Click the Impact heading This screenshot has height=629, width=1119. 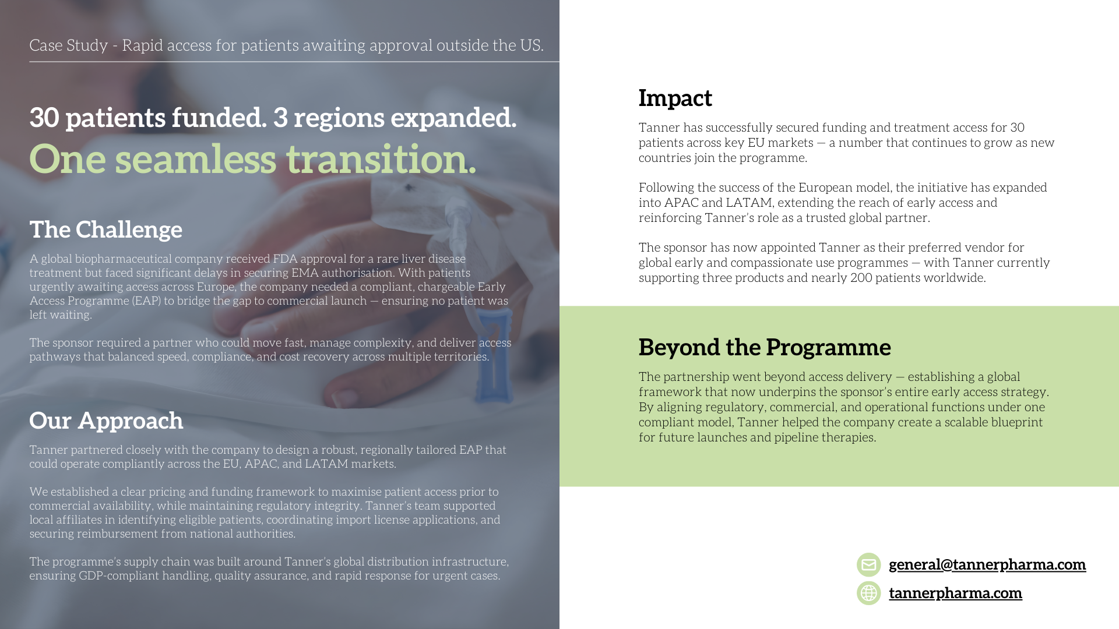click(x=675, y=98)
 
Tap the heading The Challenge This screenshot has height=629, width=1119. click(x=105, y=230)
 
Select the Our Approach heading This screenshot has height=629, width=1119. click(x=106, y=421)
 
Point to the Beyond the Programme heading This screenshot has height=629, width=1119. click(x=764, y=348)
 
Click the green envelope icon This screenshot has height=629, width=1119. click(x=868, y=564)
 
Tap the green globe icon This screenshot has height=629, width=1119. click(x=868, y=593)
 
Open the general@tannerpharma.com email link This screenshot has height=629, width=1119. click(x=987, y=564)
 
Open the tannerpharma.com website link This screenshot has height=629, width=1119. click(x=955, y=593)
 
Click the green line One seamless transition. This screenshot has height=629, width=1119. click(x=252, y=159)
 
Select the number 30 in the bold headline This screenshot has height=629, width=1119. click(x=44, y=118)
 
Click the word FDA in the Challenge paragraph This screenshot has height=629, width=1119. click(x=285, y=259)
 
